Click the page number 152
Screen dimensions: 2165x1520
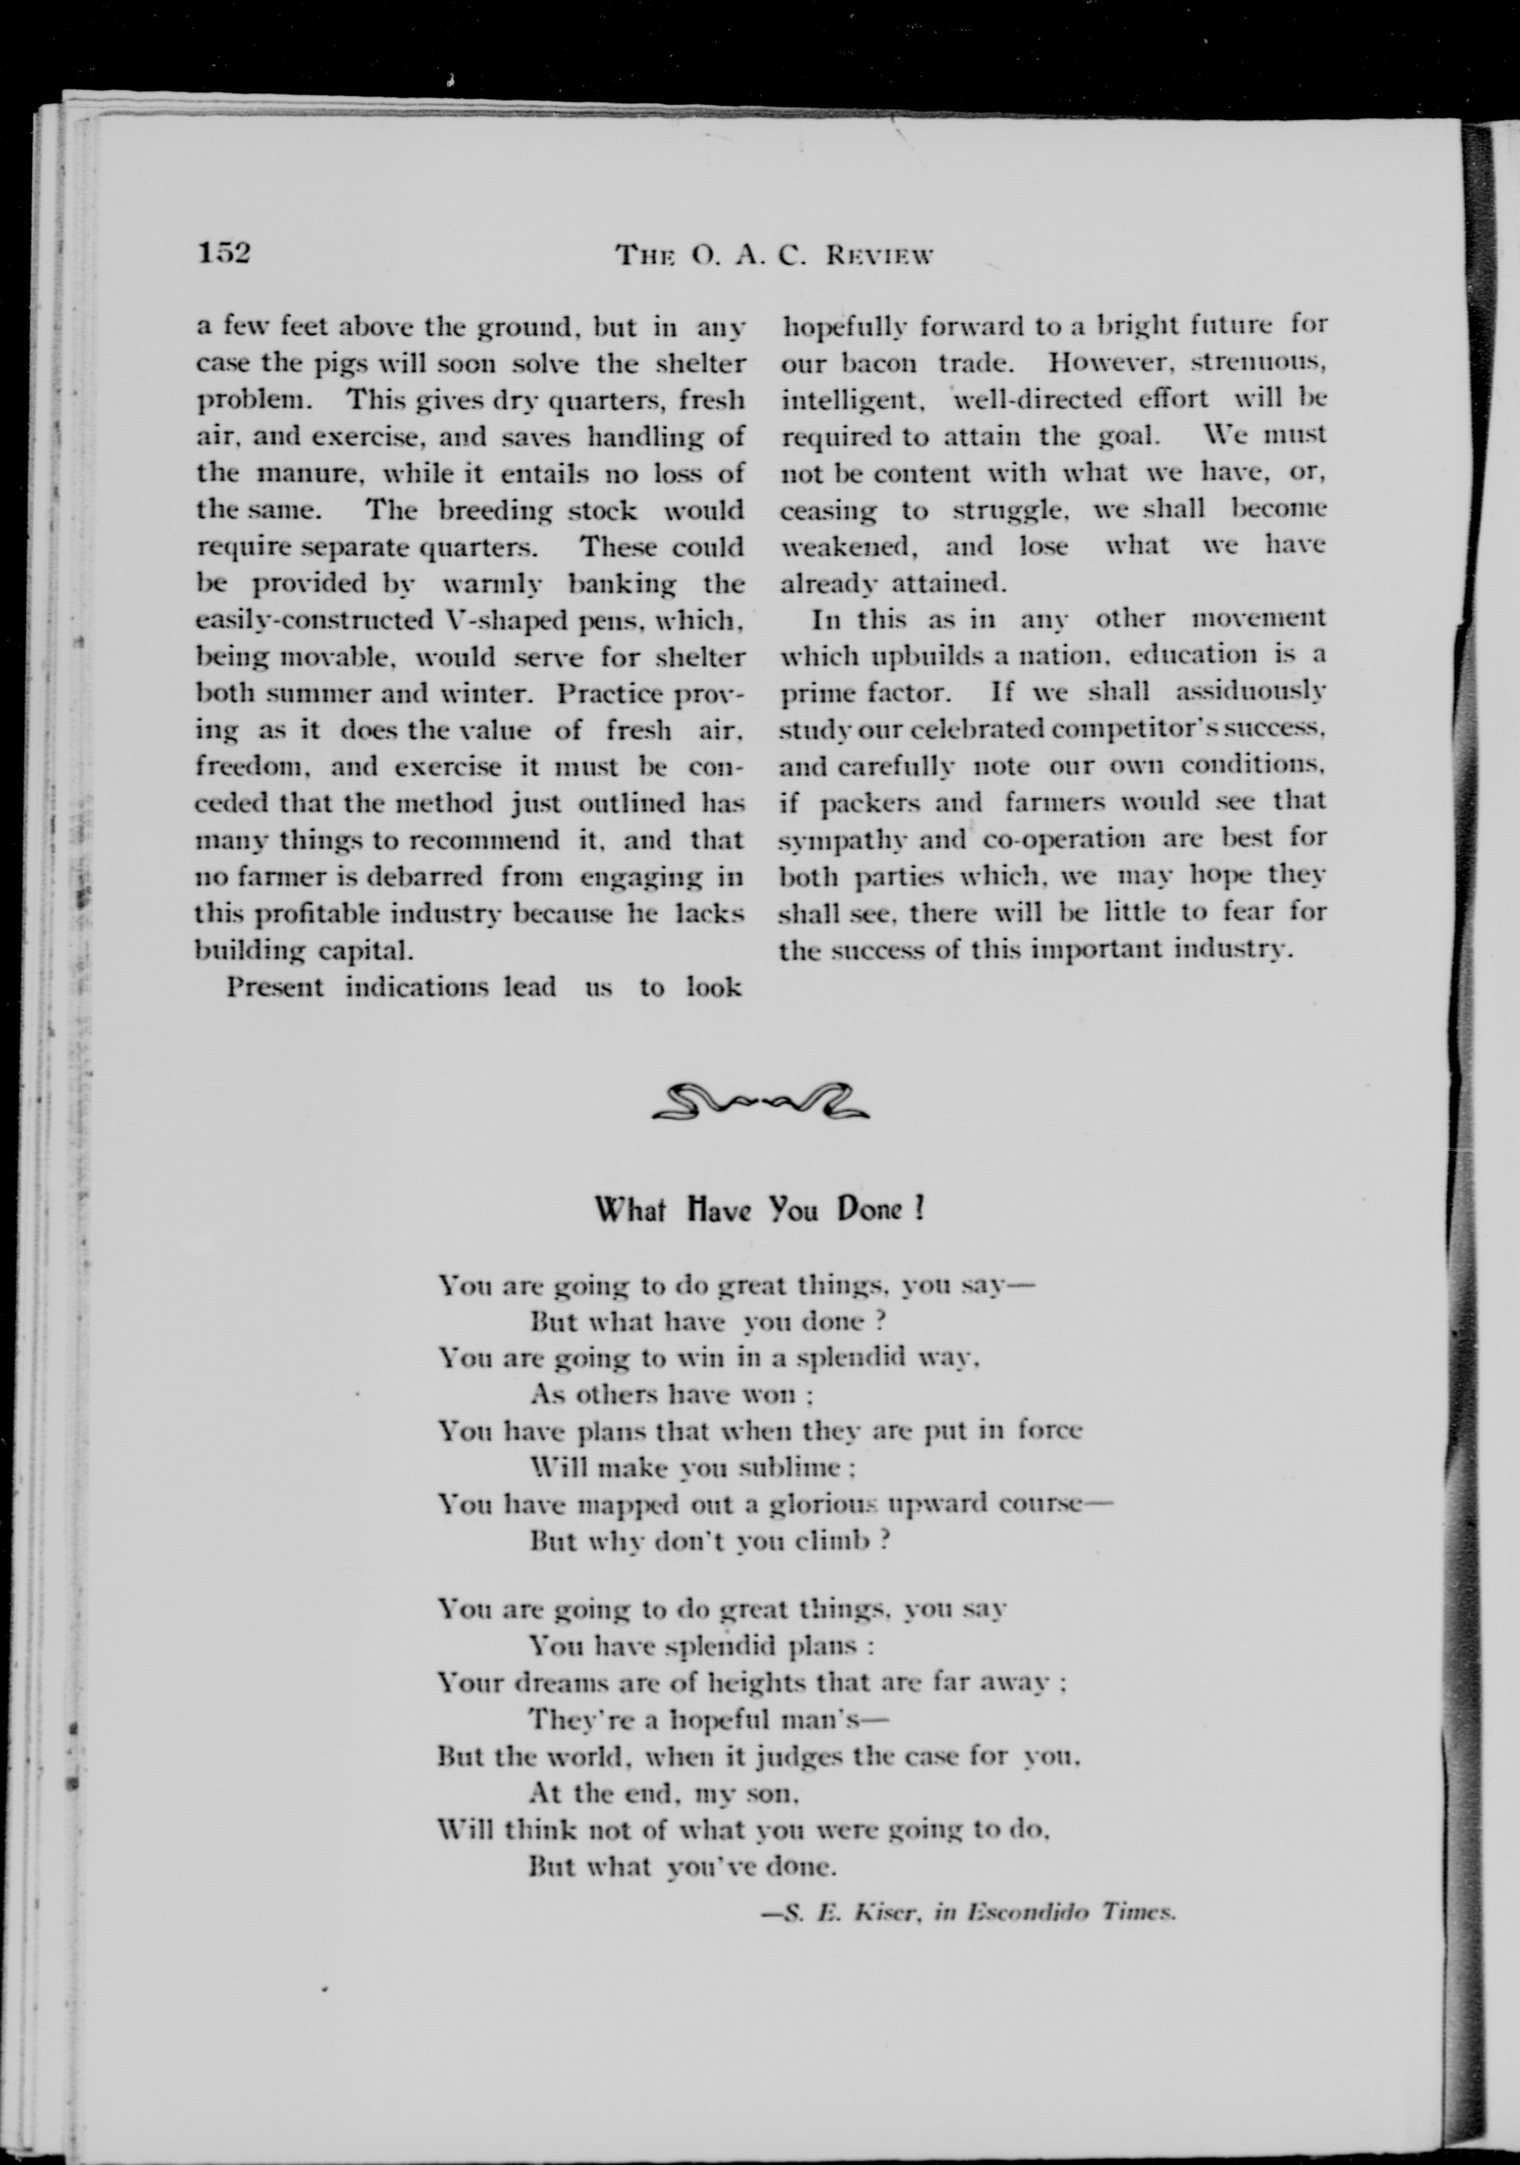[x=224, y=253]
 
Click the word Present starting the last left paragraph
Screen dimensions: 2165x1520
[x=274, y=987]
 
